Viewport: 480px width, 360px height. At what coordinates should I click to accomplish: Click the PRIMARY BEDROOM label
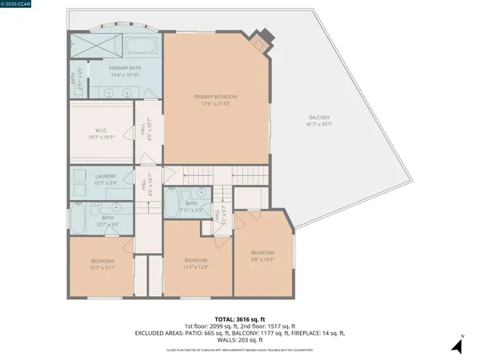215,97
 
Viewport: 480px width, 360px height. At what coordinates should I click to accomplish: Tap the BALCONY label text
320,118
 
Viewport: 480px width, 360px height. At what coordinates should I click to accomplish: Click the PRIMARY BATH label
125,68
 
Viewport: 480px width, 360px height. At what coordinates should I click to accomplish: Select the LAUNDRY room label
106,176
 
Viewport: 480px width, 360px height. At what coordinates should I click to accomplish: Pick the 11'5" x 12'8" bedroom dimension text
196,266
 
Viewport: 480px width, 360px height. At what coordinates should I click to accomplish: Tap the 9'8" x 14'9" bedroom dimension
263,258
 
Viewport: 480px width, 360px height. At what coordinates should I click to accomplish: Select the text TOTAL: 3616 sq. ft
239,319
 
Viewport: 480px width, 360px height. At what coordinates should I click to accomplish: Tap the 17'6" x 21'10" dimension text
215,103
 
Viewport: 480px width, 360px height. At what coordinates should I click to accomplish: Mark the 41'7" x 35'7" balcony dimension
319,124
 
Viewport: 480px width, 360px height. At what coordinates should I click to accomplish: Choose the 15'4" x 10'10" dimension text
125,74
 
